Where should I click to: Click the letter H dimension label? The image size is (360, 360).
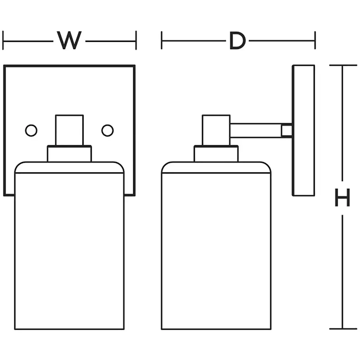342,198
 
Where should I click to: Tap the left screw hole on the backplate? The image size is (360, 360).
31,130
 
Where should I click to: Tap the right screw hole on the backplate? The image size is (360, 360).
108,130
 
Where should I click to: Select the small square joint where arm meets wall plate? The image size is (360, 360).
287,130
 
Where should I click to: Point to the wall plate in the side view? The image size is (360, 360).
303,130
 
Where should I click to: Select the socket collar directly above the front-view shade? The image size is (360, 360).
70,154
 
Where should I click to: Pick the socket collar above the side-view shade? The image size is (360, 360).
216,154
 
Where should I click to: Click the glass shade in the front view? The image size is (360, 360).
70,246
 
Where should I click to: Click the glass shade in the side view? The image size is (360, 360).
216,246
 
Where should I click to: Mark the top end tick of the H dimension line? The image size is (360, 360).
342,65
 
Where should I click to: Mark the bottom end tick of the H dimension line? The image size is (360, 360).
342,329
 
